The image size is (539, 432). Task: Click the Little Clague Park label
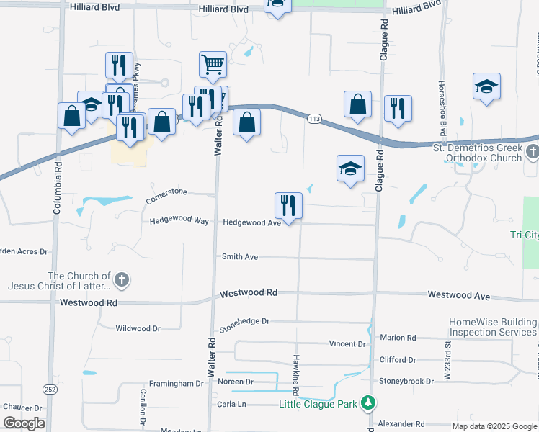318,405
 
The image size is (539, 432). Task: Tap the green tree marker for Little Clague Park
368,401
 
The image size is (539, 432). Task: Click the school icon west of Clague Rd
350,169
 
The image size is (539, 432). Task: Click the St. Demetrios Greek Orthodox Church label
476,153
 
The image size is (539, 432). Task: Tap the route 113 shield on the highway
314,118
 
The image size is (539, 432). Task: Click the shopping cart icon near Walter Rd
213,65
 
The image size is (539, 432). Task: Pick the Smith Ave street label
240,256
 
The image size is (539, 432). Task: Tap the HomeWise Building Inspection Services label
493,327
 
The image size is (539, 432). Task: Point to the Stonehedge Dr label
244,325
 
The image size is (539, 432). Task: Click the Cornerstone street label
166,196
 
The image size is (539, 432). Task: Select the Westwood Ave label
458,296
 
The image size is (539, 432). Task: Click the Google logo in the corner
24,423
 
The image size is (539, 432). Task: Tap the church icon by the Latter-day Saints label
122,280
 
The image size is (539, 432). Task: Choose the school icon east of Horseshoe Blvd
487,86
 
